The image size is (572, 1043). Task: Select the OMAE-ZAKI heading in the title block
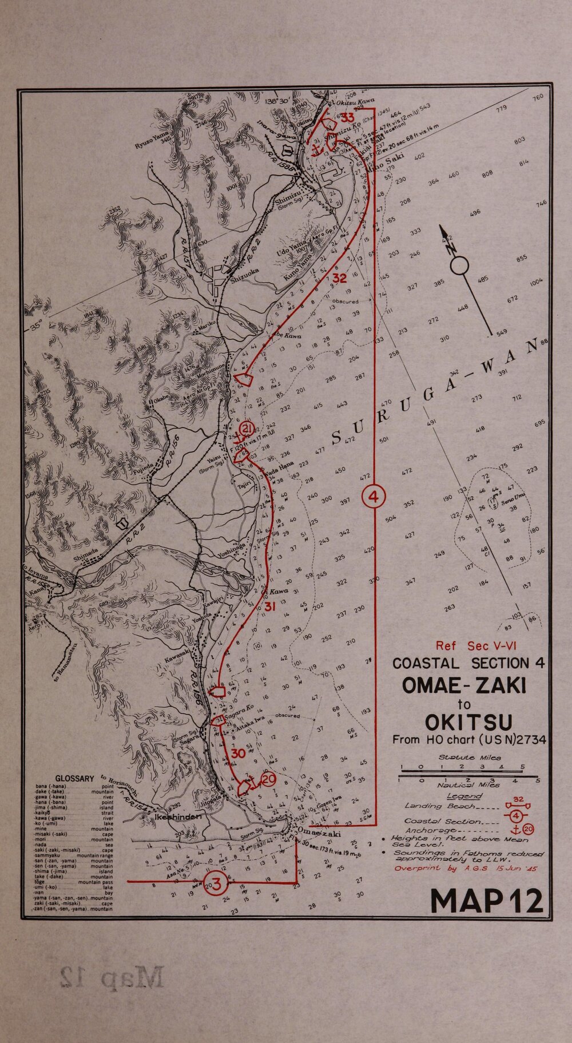coord(464,685)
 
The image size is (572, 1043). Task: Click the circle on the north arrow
coord(460,265)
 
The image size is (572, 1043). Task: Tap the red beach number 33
coord(347,118)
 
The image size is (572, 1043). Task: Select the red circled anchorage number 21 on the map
coord(247,429)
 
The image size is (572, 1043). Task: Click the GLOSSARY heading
coord(74,779)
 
